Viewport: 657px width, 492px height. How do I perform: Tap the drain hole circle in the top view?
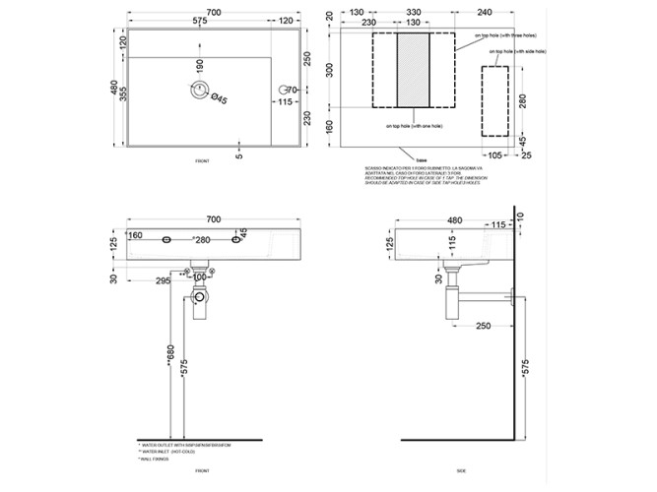200,92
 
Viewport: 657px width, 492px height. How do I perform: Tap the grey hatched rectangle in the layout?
413,70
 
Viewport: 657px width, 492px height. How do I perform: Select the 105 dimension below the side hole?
494,154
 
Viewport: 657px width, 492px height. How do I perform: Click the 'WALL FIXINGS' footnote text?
160,459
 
